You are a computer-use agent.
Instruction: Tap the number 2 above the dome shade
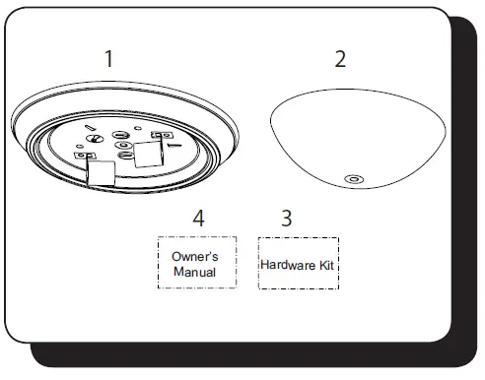[x=340, y=58]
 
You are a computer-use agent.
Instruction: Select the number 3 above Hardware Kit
[x=286, y=218]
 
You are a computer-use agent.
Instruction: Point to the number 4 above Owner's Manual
[x=198, y=218]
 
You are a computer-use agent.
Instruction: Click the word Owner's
[x=196, y=256]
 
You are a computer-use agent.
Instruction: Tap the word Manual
[x=196, y=270]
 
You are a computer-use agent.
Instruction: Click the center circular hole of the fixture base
[x=124, y=149]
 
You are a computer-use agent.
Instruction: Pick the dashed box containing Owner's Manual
[x=196, y=262]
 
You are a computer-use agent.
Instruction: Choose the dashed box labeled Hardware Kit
[x=298, y=263]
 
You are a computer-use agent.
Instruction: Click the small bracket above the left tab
[x=85, y=155]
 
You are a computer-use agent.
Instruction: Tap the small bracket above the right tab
[x=156, y=135]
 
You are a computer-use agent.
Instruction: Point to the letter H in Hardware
[x=265, y=265]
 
